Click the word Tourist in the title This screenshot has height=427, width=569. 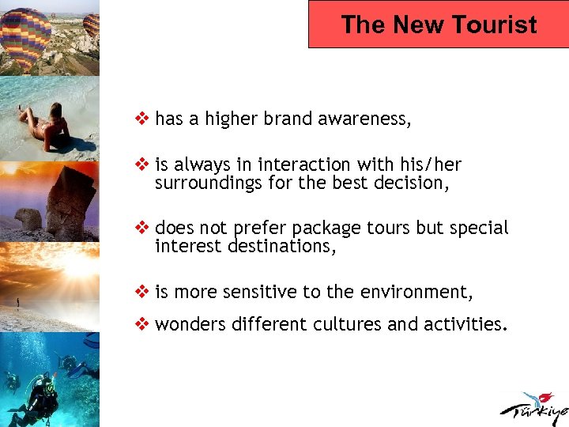point(496,25)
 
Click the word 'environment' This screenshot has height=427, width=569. point(416,293)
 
